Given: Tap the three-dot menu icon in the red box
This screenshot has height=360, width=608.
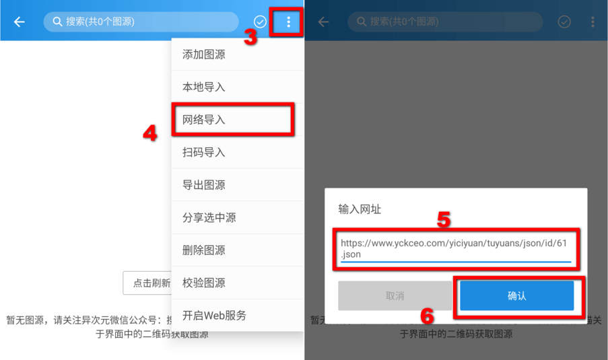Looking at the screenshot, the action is tap(288, 22).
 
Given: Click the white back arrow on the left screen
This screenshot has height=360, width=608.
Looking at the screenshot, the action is tap(20, 22).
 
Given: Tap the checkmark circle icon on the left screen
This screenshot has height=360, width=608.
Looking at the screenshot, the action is tap(260, 22).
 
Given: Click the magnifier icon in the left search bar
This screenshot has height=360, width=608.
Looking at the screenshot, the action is tap(57, 22).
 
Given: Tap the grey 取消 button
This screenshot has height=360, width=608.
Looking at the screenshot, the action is tap(395, 295).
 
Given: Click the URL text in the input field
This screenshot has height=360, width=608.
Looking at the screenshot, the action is tap(454, 248).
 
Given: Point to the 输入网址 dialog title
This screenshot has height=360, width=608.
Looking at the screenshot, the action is tap(360, 209).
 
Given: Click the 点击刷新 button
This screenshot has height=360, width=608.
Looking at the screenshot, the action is tap(147, 283).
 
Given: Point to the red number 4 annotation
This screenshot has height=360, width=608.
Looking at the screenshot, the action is tap(150, 133).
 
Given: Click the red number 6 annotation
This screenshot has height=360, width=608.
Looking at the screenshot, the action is tap(428, 316).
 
